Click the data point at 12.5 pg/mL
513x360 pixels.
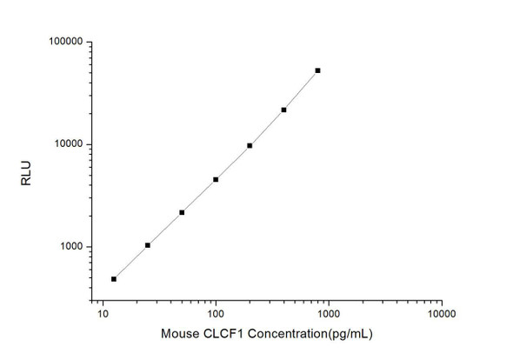point(114,279)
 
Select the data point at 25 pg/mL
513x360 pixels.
point(148,245)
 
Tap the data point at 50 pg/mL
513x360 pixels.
point(182,212)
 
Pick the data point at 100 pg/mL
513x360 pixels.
point(216,179)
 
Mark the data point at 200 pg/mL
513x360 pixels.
point(250,145)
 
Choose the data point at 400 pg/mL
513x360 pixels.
point(283,110)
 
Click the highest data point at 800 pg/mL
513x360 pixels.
point(317,70)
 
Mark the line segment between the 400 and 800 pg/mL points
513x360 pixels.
point(301,90)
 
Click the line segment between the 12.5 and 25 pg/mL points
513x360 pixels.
point(130,263)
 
